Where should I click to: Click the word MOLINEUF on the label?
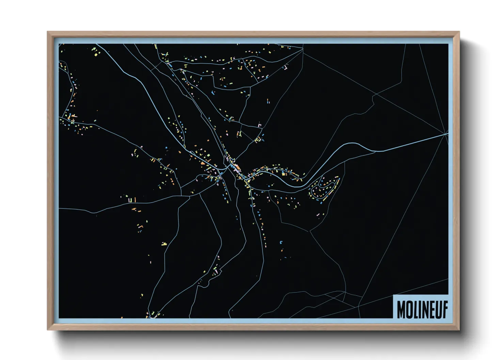point(422,309)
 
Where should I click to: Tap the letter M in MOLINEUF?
point(401,309)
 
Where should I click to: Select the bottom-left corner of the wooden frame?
point(48,329)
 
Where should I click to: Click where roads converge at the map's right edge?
point(446,134)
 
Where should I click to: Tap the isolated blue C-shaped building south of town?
point(281,242)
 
